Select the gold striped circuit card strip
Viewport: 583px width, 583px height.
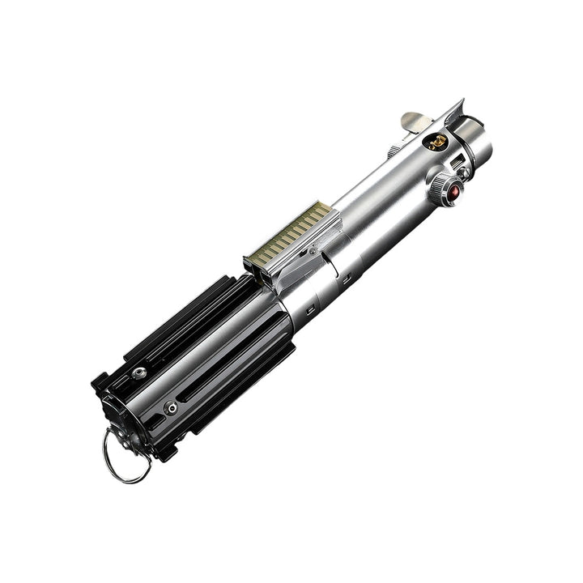pos(296,232)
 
